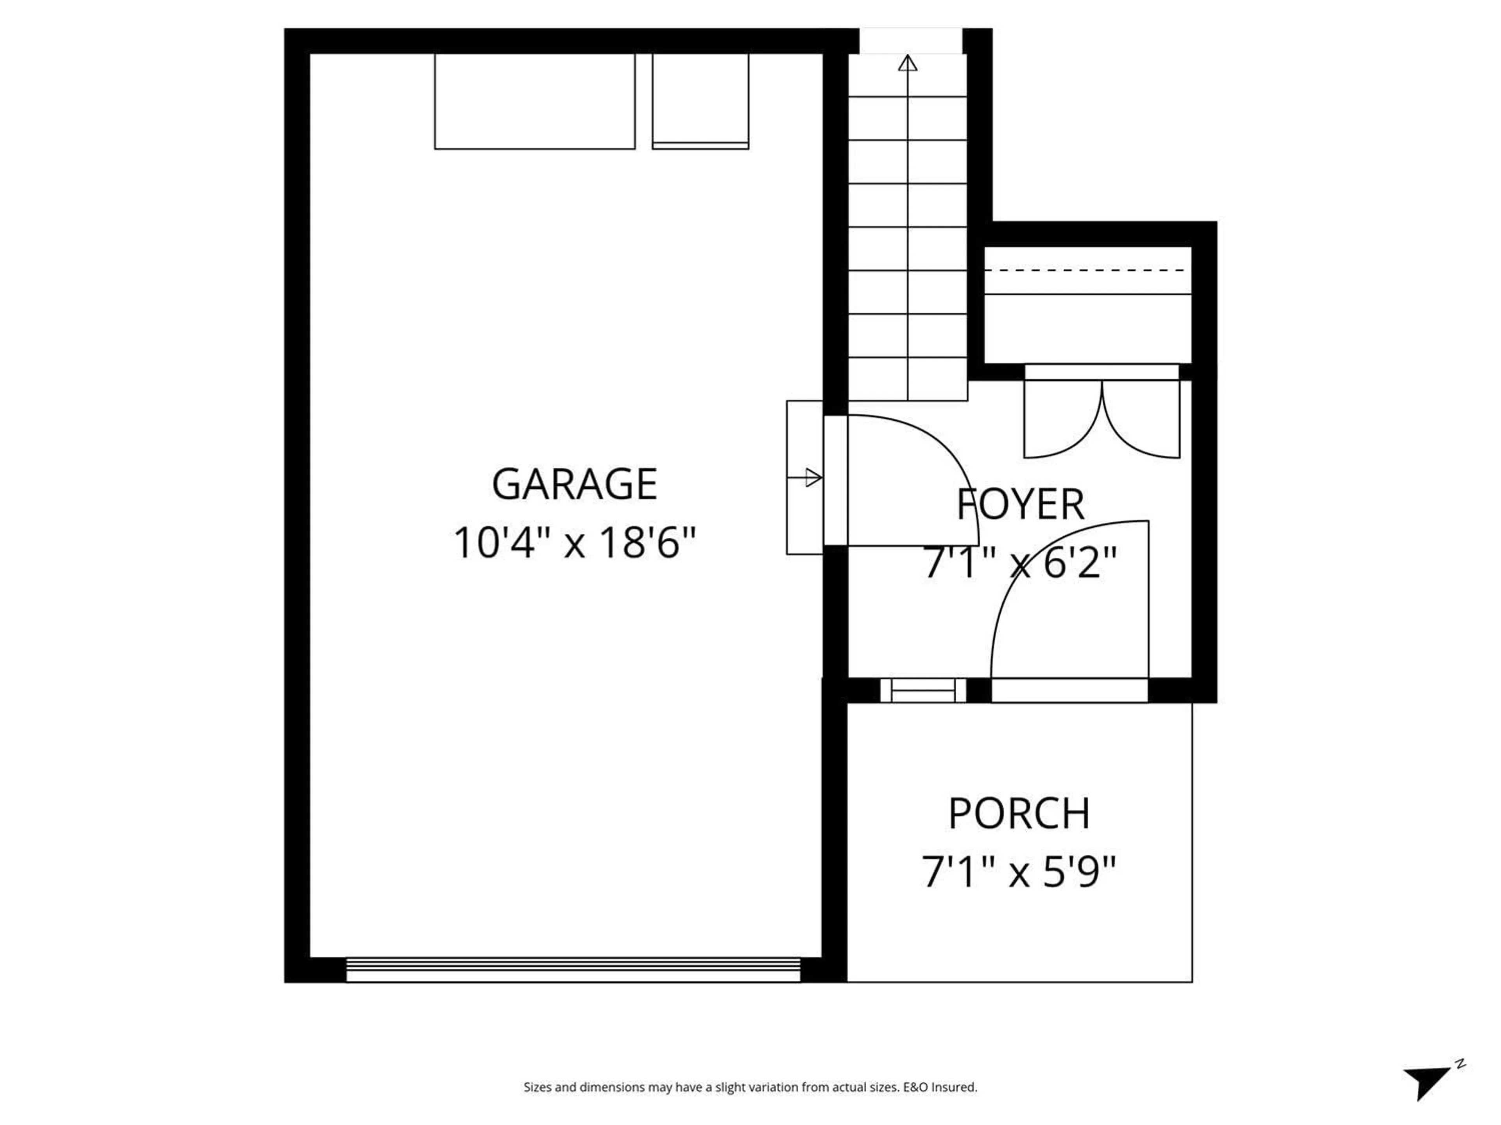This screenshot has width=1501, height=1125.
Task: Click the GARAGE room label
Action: pyautogui.click(x=574, y=484)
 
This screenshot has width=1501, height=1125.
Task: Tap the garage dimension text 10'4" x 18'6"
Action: pyautogui.click(x=574, y=543)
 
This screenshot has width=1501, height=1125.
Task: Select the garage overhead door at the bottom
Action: pyautogui.click(x=573, y=970)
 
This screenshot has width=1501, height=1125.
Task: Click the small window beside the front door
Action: pyautogui.click(x=923, y=690)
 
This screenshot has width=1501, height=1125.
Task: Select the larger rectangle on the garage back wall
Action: pyautogui.click(x=535, y=102)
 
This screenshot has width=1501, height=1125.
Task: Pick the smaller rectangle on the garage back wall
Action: pyautogui.click(x=700, y=102)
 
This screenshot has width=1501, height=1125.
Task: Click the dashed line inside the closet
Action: pyautogui.click(x=1088, y=270)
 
